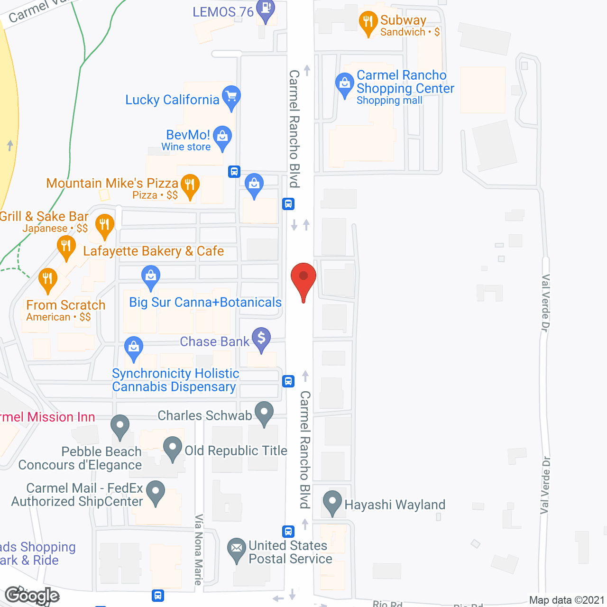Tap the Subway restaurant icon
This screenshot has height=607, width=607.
click(368, 22)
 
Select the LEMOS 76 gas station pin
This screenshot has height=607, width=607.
click(266, 9)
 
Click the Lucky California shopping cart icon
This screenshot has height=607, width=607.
click(231, 97)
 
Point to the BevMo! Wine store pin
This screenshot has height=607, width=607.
click(222, 138)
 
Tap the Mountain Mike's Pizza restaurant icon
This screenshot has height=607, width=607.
click(190, 185)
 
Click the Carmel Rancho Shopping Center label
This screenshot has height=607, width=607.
click(405, 82)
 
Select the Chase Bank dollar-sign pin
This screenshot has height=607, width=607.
click(261, 339)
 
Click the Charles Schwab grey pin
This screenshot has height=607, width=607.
click(264, 413)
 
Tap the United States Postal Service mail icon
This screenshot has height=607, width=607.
click(236, 549)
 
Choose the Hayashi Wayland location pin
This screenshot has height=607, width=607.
click(332, 502)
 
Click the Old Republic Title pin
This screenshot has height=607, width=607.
click(173, 448)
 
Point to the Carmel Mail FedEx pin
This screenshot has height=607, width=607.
click(155, 492)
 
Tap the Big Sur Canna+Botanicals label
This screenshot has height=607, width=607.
click(205, 303)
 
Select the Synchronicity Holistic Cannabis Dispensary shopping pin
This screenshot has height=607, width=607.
click(134, 348)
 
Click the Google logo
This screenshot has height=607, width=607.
click(32, 596)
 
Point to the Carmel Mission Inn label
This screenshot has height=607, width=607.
click(47, 417)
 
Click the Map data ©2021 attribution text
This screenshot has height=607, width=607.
click(567, 600)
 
